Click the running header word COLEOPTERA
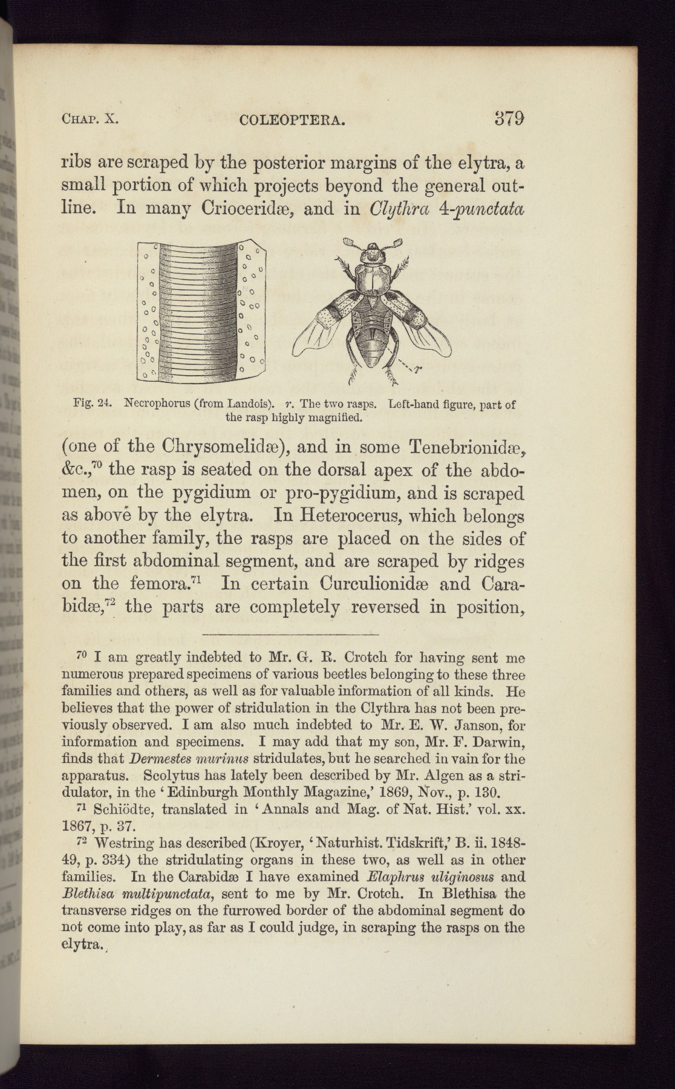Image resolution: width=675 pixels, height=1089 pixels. (x=292, y=120)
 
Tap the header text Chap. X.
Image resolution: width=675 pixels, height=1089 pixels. (x=90, y=119)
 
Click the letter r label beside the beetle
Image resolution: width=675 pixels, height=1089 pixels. (x=418, y=367)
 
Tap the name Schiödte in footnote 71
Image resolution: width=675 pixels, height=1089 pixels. (x=123, y=809)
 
